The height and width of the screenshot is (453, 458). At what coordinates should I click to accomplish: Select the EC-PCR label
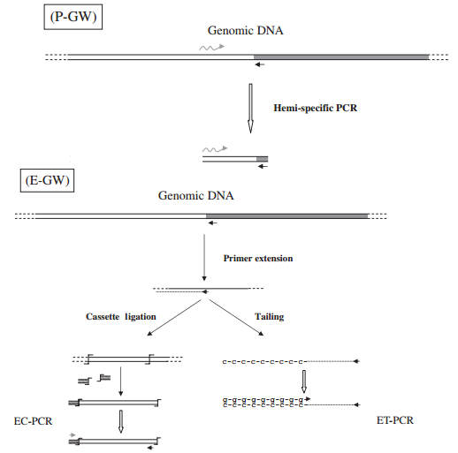coord(31,422)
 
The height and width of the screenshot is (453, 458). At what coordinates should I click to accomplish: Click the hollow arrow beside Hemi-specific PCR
coord(251,107)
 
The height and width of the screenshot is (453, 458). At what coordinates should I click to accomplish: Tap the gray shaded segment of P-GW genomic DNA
coord(341,56)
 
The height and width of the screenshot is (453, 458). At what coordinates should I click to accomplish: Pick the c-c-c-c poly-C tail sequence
coord(264,361)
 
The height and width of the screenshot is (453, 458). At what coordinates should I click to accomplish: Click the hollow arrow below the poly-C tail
coord(304,381)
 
